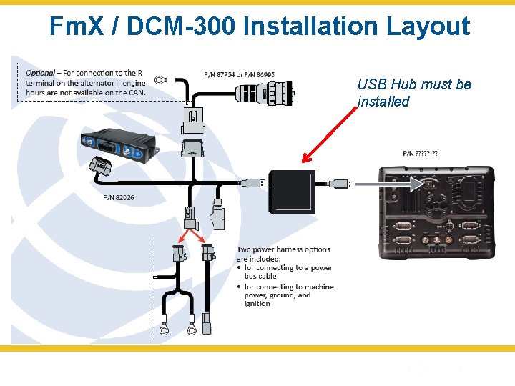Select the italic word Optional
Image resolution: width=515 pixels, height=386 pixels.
click(41, 73)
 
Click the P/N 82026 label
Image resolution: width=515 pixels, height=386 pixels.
click(119, 198)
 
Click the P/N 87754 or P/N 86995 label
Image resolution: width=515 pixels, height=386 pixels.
click(239, 74)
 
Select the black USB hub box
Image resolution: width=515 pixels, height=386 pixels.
click(292, 192)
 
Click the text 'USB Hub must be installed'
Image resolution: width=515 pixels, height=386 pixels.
click(414, 93)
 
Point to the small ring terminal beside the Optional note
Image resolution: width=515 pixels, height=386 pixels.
click(161, 79)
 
